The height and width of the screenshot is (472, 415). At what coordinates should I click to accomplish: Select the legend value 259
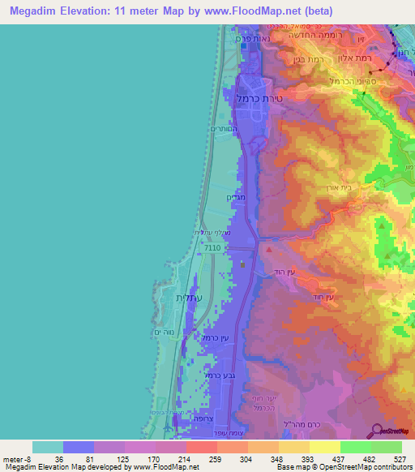pos(216,459)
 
